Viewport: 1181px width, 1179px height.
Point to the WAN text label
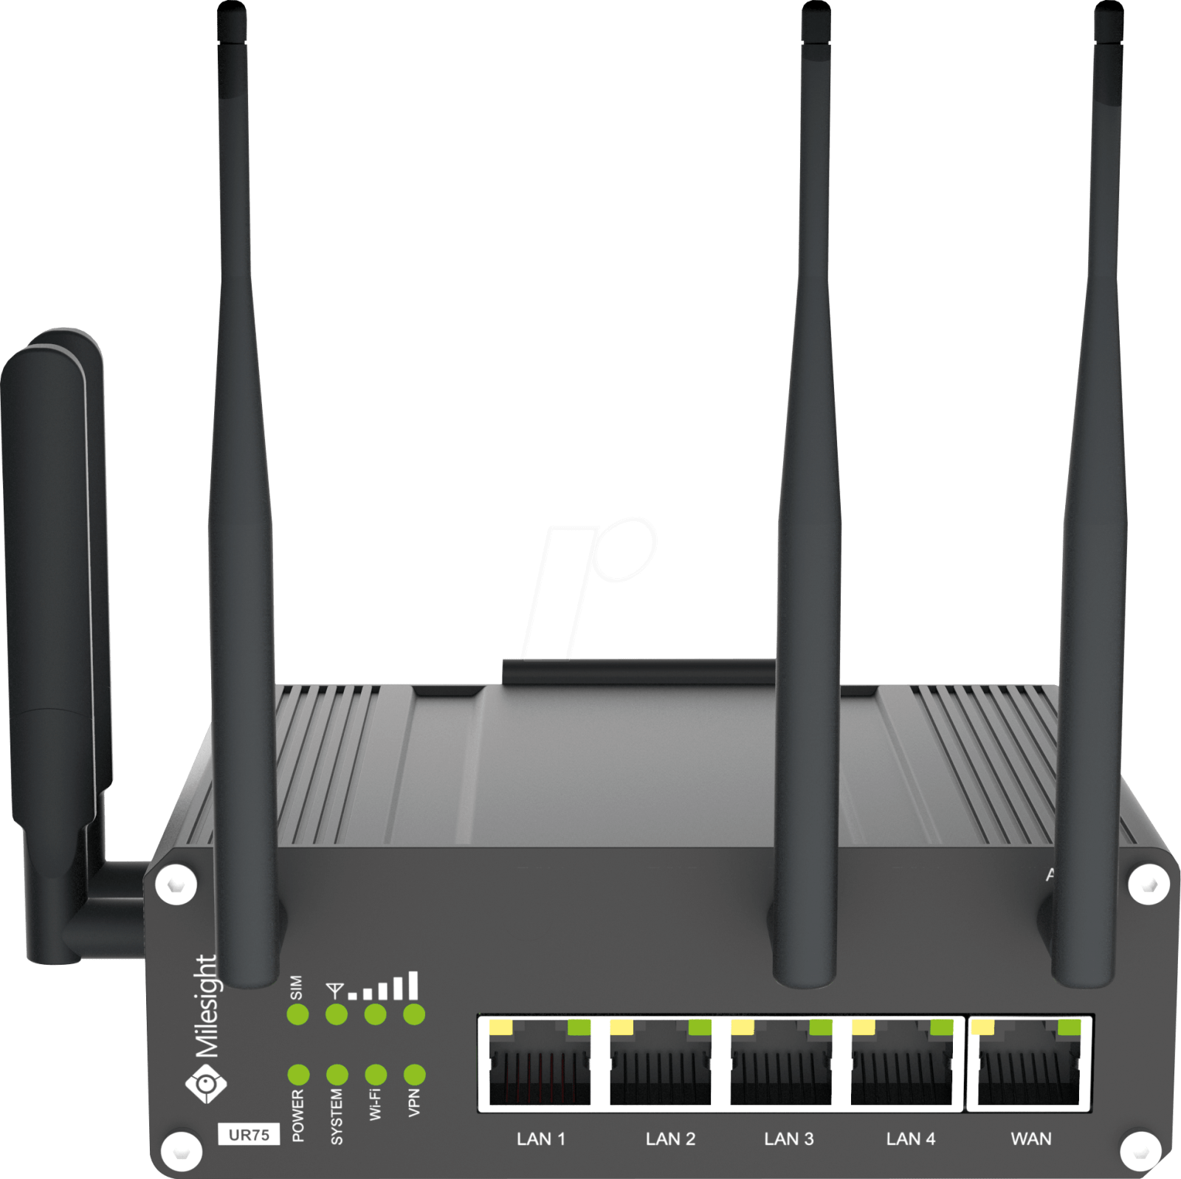(x=1031, y=1138)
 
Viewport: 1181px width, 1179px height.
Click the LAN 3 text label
(x=789, y=1138)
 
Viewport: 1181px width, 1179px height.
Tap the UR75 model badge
(x=249, y=1135)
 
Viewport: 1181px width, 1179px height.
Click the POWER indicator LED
(x=298, y=1074)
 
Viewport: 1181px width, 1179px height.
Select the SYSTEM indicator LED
(x=337, y=1074)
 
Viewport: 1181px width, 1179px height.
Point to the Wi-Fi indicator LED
(x=376, y=1074)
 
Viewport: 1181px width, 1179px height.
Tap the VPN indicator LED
(x=415, y=1074)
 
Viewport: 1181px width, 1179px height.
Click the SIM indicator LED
(x=297, y=1014)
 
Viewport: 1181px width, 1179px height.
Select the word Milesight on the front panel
(x=206, y=1006)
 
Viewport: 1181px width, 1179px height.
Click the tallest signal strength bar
(x=413, y=986)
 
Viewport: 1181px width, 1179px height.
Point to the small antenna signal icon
(x=335, y=990)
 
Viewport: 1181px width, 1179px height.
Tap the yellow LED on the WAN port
(x=982, y=1028)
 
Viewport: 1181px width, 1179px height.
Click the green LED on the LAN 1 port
(x=579, y=1028)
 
